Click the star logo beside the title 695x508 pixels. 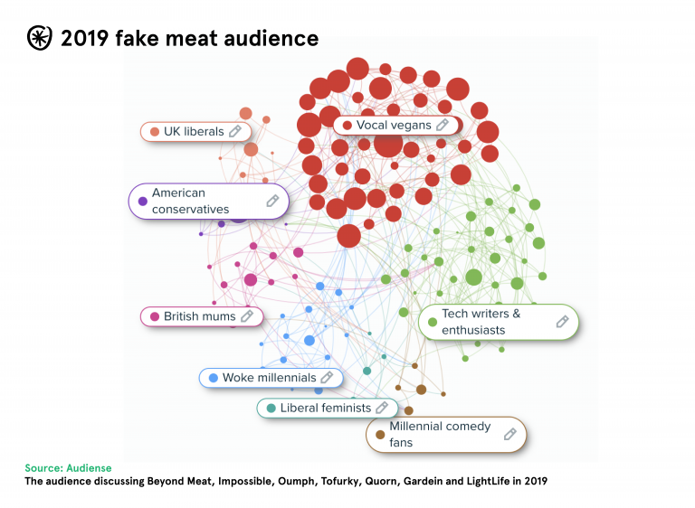pyautogui.click(x=40, y=38)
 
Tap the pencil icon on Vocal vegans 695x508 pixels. pyautogui.click(x=443, y=125)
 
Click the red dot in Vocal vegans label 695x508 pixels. pyautogui.click(x=347, y=126)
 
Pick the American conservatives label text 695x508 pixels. pyautogui.click(x=190, y=201)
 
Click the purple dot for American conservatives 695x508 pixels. pyautogui.click(x=142, y=201)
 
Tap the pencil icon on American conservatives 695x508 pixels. pyautogui.click(x=272, y=201)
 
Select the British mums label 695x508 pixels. pyautogui.click(x=199, y=316)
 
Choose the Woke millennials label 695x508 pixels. pyautogui.click(x=269, y=378)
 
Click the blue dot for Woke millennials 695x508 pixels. pyautogui.click(x=213, y=378)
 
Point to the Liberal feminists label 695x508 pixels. pyautogui.click(x=326, y=408)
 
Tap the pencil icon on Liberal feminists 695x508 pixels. pyautogui.click(x=382, y=408)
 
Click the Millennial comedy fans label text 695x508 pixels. pyautogui.click(x=440, y=434)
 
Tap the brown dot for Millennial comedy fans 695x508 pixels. pyautogui.click(x=380, y=435)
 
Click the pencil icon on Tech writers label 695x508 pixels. pyautogui.click(x=562, y=322)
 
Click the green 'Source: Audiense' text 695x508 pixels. pyautogui.click(x=69, y=468)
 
